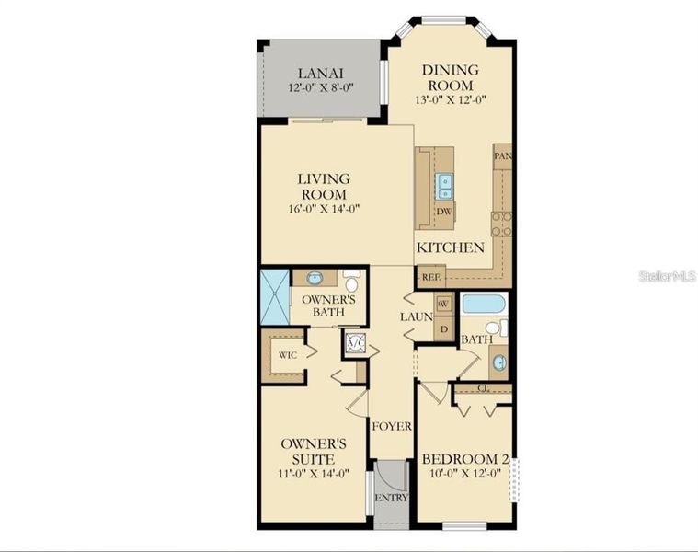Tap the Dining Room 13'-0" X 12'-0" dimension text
pos(450,99)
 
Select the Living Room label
pos(322,186)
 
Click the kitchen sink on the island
pos(445,187)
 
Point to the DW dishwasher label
pos(444,211)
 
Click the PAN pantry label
pos(502,155)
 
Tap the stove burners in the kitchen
pos(501,224)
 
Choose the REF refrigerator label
pos(429,276)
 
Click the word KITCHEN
pos(451,247)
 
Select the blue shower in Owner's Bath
pos(274,296)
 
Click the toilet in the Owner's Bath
pos(351,281)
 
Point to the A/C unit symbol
pos(356,345)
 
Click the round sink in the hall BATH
pos(498,362)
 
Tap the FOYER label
pos(391,427)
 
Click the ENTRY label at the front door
pos(389,499)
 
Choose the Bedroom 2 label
pos(465,459)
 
